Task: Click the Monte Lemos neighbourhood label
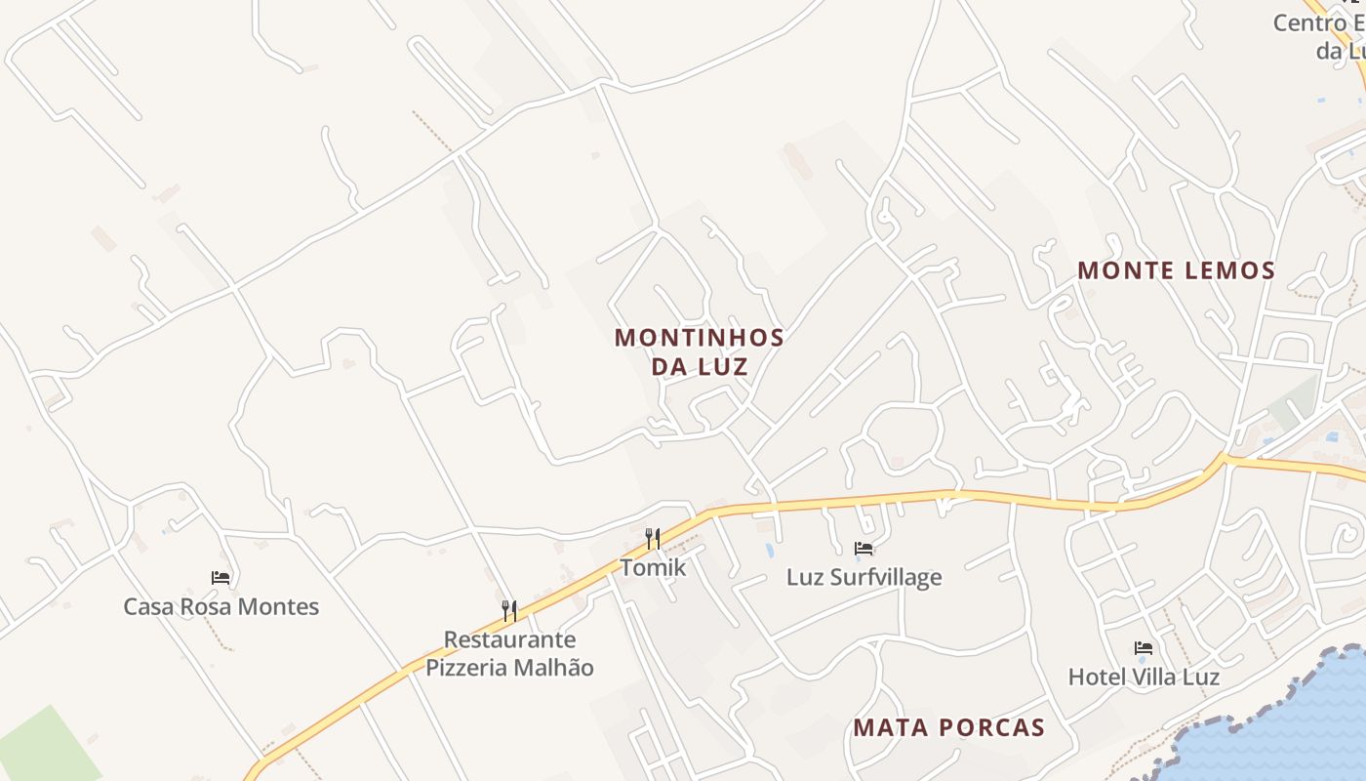1176,270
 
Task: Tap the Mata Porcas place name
948,727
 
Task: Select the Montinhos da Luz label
699,351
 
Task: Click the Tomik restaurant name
653,567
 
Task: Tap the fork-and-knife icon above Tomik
653,538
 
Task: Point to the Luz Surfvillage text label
864,577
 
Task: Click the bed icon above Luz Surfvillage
864,549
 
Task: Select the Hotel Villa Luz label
1144,677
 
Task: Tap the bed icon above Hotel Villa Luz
1144,648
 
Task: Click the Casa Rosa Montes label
221,606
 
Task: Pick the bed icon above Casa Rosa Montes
221,578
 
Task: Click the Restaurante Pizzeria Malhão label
509,653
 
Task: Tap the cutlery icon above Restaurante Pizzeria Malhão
509,611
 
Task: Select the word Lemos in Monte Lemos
1228,270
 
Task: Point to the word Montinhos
699,338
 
